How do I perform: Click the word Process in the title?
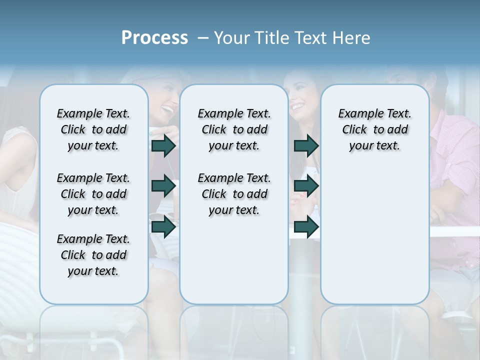[154, 38]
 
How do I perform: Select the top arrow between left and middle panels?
[163, 145]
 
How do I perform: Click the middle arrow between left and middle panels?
[163, 186]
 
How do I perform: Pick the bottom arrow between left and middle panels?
[163, 226]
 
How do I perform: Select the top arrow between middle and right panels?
[306, 145]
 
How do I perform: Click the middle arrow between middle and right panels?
[306, 186]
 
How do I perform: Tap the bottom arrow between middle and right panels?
[306, 226]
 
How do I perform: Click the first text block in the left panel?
[93, 129]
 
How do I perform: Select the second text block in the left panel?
[93, 194]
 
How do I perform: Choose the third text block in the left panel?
[93, 255]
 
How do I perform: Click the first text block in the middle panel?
[234, 129]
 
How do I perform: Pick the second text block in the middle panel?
[234, 194]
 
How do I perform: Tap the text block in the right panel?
[374, 129]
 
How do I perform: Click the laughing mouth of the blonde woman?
[168, 108]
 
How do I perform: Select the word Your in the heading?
[231, 38]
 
